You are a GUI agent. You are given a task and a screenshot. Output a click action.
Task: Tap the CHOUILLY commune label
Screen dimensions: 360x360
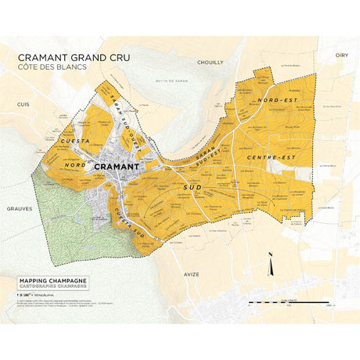tap(211, 62)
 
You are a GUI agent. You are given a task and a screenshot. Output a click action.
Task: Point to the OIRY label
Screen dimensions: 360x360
tap(340, 56)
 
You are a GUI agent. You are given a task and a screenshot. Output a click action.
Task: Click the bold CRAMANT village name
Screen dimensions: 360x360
tap(116, 167)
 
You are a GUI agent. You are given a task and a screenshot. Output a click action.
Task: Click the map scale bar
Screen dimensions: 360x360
tap(312, 301)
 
